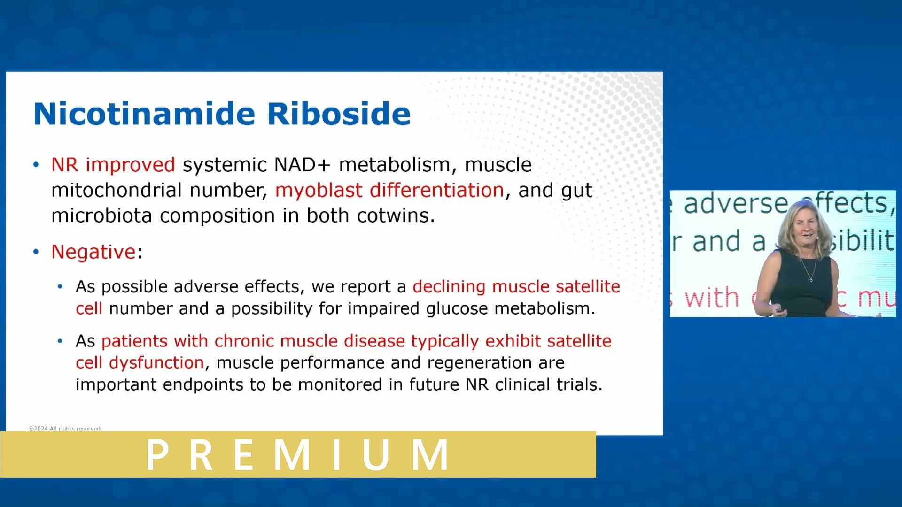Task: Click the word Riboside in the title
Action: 339,114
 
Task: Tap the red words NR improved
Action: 113,165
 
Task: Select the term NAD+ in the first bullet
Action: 302,165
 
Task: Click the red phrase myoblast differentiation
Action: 389,190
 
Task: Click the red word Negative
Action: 93,252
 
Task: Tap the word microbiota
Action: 102,215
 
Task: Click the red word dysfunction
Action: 156,362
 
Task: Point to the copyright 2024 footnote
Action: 65,429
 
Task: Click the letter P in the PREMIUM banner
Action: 157,454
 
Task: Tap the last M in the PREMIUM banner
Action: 430,454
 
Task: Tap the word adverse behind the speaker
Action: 735,204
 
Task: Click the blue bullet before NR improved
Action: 36,165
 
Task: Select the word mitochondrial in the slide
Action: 116,190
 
